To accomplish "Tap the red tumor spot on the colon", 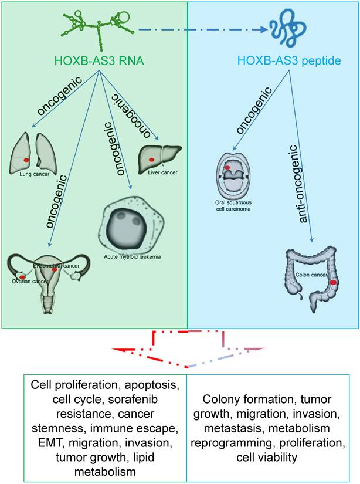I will pos(333,282).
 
